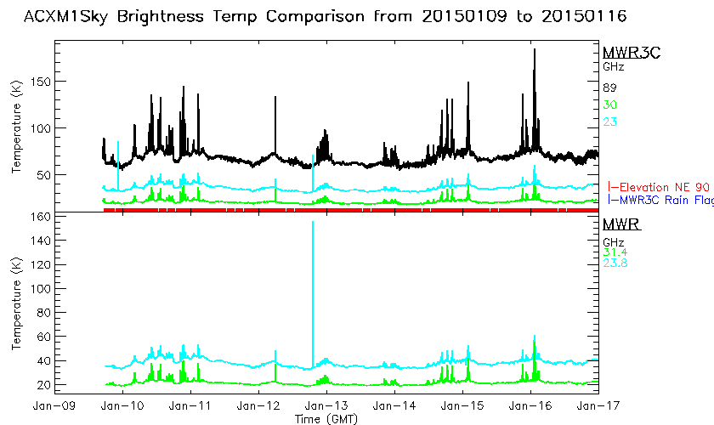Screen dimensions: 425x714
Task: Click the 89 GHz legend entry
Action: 610,88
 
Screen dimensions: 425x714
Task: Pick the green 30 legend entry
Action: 610,105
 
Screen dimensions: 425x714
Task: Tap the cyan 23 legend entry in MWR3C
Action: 610,122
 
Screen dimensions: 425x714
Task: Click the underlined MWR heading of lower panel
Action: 621,225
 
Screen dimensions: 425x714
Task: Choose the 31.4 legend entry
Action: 615,252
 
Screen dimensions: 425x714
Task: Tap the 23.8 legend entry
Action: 615,263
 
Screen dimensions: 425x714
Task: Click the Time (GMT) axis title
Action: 326,419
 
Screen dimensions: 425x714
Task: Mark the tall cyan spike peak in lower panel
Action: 313,222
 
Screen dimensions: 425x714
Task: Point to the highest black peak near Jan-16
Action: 534,50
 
